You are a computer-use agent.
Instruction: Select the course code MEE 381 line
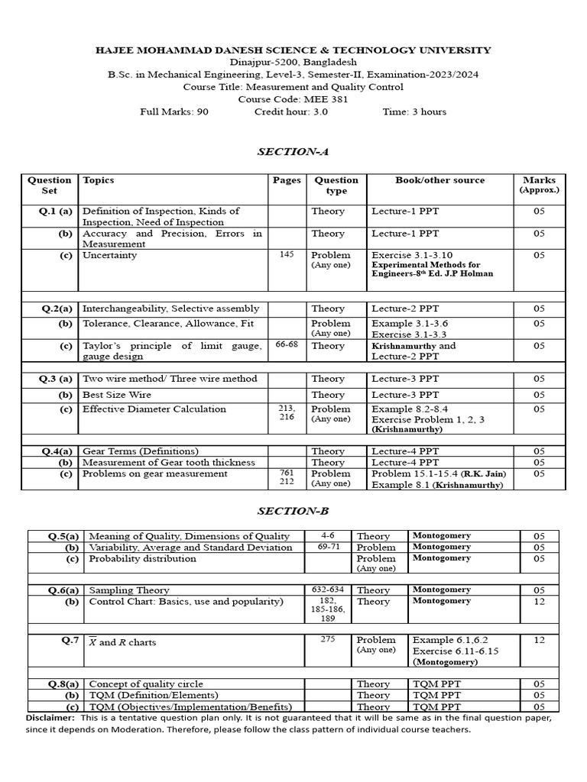pyautogui.click(x=293, y=99)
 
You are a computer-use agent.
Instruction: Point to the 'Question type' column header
pyautogui.click(x=336, y=186)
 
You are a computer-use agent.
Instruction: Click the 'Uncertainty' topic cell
pyautogui.click(x=109, y=255)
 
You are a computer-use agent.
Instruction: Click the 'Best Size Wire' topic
pyautogui.click(x=116, y=395)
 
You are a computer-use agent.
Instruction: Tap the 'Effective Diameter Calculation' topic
pyautogui.click(x=154, y=409)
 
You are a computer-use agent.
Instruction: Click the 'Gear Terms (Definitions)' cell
pyautogui.click(x=140, y=451)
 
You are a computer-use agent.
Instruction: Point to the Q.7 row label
pyautogui.click(x=70, y=641)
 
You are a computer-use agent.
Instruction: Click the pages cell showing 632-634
pyautogui.click(x=329, y=590)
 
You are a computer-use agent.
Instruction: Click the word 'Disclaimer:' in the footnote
pyautogui.click(x=50, y=718)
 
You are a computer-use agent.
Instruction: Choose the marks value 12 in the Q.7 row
pyautogui.click(x=540, y=640)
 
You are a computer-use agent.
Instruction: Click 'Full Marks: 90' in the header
pyautogui.click(x=174, y=111)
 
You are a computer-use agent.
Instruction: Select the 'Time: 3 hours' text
pyautogui.click(x=414, y=111)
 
